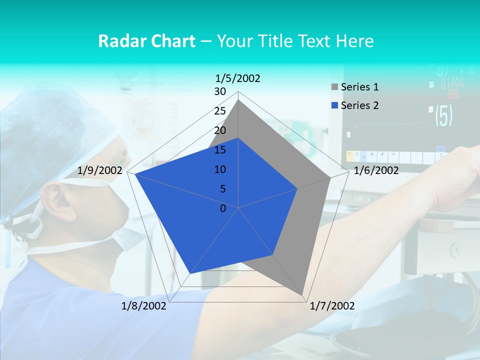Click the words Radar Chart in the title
pos(146,41)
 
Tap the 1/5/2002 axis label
pos(238,78)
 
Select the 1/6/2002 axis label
pos(376,170)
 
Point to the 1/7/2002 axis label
pos(332,306)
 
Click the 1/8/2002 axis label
pos(144,306)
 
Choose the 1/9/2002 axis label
pos(100,170)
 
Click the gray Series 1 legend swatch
pos(334,87)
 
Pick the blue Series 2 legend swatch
pos(334,105)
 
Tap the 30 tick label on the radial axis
pos(220,91)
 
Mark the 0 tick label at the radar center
pos(223,208)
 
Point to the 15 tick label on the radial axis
pos(220,150)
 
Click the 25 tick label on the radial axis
pos(220,111)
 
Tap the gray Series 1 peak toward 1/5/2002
pos(238,100)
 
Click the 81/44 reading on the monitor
pos(452,83)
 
